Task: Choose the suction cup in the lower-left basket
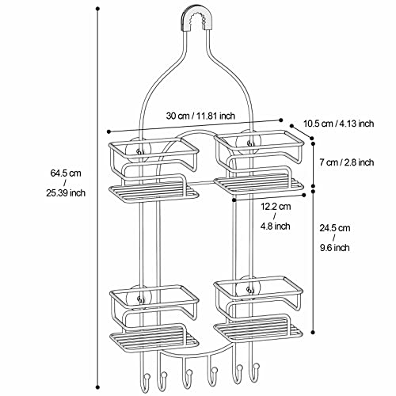(140, 299)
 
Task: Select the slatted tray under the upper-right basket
(257, 185)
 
